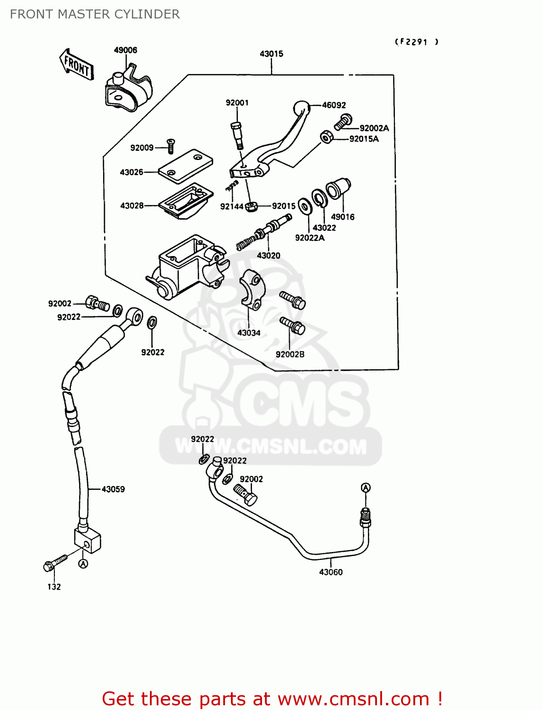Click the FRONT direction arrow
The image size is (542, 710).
point(76,64)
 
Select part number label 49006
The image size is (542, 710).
point(125,50)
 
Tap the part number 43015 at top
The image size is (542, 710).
point(271,54)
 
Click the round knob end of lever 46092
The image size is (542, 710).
point(301,108)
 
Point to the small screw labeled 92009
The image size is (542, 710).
point(171,146)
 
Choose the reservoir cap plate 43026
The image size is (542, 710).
point(185,166)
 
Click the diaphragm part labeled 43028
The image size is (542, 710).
point(186,202)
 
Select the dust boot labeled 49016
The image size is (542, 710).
point(339,188)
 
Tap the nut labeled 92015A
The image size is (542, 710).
point(326,137)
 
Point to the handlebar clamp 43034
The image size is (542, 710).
point(252,290)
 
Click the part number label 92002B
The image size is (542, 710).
point(290,355)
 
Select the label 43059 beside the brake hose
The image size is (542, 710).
point(113,489)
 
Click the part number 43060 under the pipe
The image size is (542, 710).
point(331,572)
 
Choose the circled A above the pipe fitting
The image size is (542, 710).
point(366,488)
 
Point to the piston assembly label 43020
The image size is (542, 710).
point(268,256)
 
